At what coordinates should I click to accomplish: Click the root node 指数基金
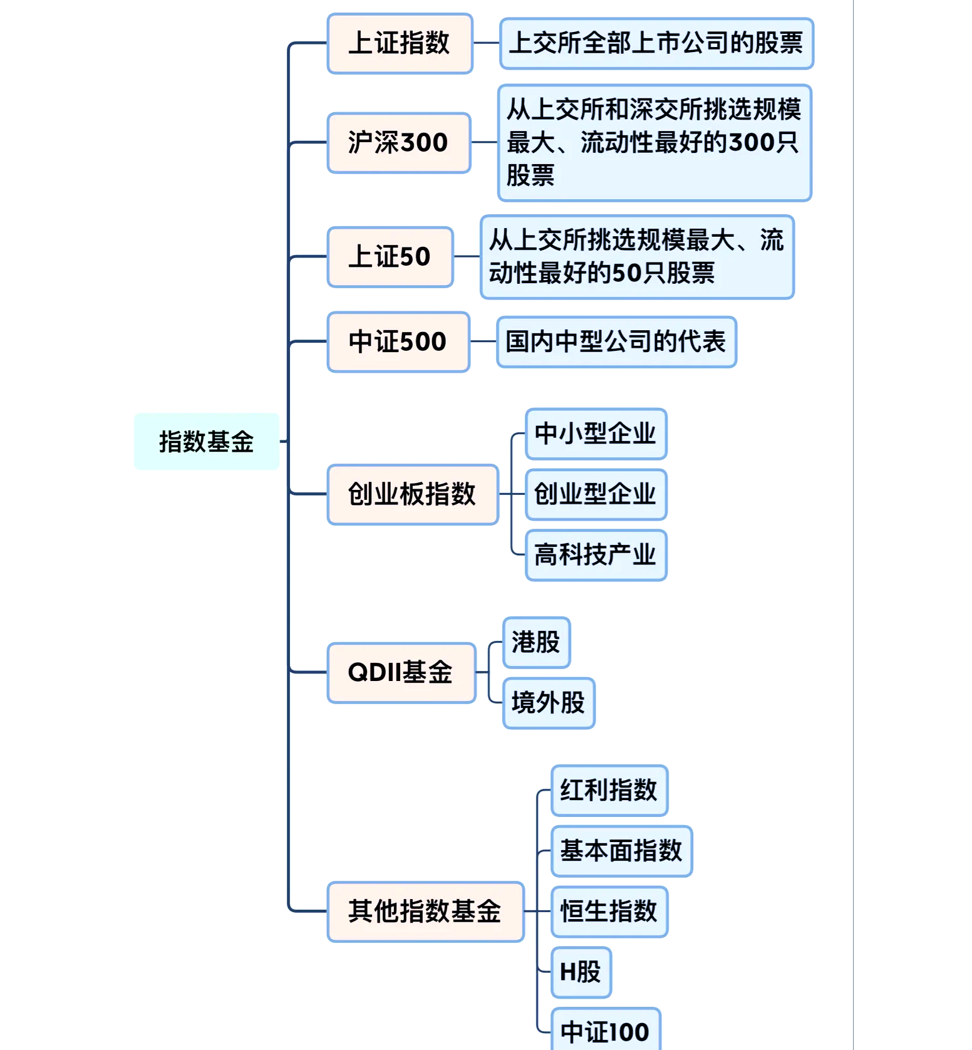click(x=206, y=442)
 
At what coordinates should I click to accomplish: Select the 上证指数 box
click(x=400, y=43)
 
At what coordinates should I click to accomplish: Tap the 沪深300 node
click(x=398, y=143)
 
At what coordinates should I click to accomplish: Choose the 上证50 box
click(x=390, y=257)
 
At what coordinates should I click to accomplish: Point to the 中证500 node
click(x=398, y=342)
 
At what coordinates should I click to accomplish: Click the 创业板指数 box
click(x=412, y=494)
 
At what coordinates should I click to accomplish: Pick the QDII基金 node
click(x=401, y=672)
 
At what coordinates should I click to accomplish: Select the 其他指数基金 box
click(x=425, y=912)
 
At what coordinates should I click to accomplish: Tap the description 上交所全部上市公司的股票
click(x=656, y=43)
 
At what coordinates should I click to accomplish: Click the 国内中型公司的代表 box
click(x=616, y=342)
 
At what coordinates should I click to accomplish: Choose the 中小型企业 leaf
click(x=596, y=434)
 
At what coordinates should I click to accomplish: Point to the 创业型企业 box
click(x=596, y=494)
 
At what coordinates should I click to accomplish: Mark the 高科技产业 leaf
click(x=596, y=555)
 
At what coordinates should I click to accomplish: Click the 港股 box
click(x=536, y=642)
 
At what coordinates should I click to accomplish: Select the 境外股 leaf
click(x=548, y=703)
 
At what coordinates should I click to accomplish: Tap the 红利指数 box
click(x=609, y=790)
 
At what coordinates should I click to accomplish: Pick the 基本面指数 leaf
click(x=621, y=851)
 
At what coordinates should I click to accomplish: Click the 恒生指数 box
click(x=609, y=912)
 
